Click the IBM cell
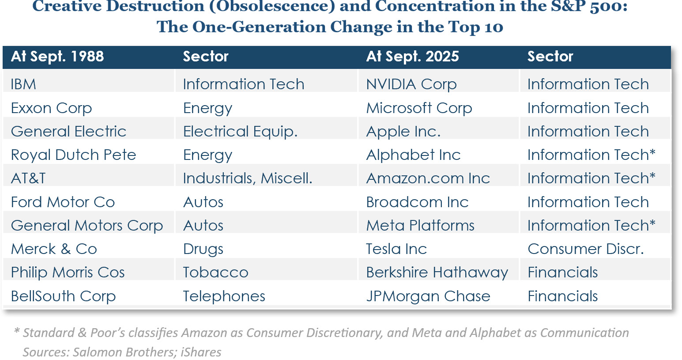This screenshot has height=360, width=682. click(x=23, y=84)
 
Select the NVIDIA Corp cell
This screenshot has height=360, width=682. click(x=411, y=84)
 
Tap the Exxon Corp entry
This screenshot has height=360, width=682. click(x=52, y=108)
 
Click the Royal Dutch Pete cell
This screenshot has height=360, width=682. click(x=73, y=155)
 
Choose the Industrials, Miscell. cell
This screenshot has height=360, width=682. click(x=248, y=178)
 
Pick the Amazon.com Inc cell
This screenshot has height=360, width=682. click(x=428, y=178)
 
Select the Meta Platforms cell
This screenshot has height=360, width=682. click(x=420, y=226)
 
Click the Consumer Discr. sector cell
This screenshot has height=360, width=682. click(x=585, y=249)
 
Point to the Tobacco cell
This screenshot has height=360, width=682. click(x=215, y=273)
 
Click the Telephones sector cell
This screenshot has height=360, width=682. click(x=224, y=296)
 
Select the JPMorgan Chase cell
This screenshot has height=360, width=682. click(x=428, y=296)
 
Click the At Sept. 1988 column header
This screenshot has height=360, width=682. click(x=57, y=57)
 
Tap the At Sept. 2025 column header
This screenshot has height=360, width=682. click(x=413, y=57)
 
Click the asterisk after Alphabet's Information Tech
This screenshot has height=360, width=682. click(x=652, y=152)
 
